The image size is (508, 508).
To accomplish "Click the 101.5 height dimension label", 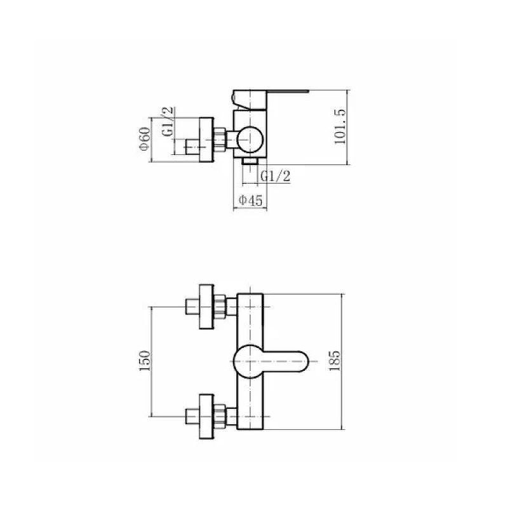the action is pyautogui.click(x=340, y=126).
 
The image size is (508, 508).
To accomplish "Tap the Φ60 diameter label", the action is pyautogui.click(x=145, y=138).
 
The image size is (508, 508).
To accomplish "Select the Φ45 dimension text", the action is pyautogui.click(x=250, y=200).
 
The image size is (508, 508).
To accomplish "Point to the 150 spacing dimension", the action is pyautogui.click(x=145, y=361).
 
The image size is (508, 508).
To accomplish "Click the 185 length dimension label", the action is pyautogui.click(x=335, y=361).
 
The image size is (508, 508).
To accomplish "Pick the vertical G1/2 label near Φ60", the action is pyautogui.click(x=168, y=122).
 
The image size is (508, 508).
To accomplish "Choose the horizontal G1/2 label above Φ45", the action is pyautogui.click(x=276, y=177).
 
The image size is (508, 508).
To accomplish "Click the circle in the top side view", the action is pyautogui.click(x=250, y=140).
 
